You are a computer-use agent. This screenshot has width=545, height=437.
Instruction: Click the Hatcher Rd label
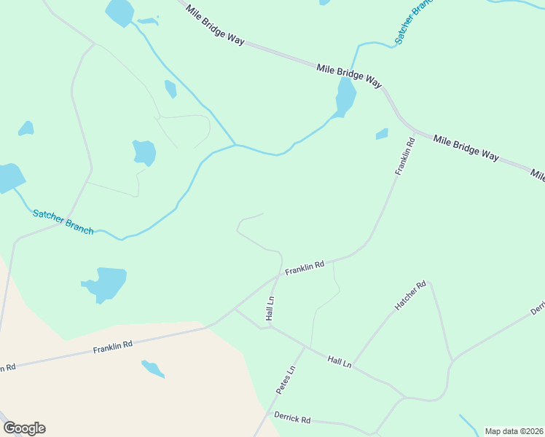(410, 296)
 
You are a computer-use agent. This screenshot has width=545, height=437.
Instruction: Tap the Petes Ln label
(286, 380)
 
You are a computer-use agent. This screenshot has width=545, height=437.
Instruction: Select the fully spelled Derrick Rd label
(292, 420)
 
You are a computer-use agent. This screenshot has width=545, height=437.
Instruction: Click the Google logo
(24, 428)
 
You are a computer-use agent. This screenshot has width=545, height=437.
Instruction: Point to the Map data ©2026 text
(514, 431)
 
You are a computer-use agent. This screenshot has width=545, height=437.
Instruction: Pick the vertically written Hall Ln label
(270, 308)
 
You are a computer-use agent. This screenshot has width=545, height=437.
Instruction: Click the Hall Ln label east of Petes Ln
(340, 361)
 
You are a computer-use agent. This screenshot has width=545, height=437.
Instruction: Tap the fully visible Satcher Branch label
(63, 221)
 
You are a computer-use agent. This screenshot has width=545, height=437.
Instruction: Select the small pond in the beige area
(153, 369)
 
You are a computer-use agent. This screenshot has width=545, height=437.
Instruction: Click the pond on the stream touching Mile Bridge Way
(345, 97)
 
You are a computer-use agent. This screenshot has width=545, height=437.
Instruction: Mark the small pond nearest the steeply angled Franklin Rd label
(382, 134)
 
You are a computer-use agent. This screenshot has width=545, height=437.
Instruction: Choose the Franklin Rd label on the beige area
(112, 348)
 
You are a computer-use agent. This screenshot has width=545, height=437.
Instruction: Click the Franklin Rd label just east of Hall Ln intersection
(305, 269)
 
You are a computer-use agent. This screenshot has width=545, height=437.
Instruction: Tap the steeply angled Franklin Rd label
(404, 156)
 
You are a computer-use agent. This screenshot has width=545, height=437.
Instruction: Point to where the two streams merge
(235, 144)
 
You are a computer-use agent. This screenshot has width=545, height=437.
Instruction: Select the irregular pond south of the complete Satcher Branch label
(106, 283)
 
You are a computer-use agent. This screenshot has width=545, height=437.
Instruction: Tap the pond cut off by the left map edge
(10, 177)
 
